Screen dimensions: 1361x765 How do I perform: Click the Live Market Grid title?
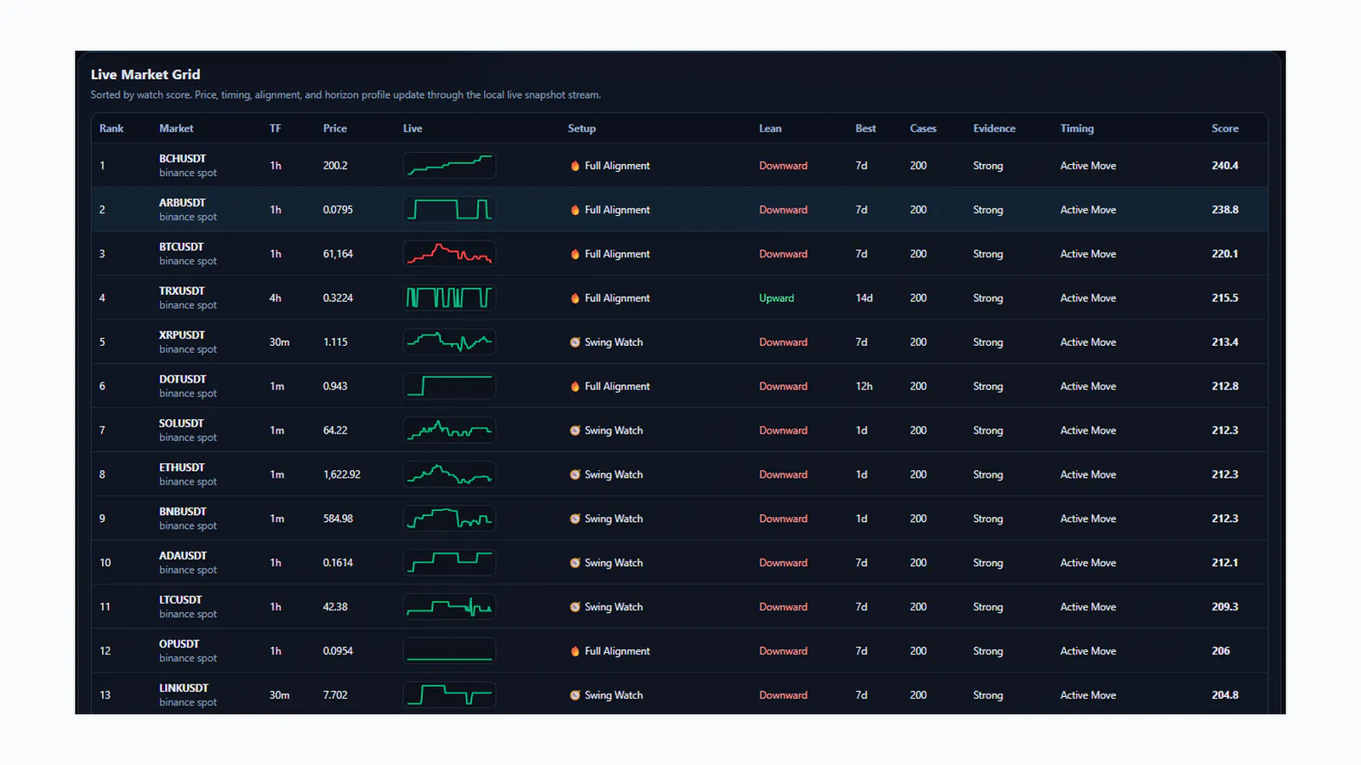[145, 74]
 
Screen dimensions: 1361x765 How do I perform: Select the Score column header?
[1224, 128]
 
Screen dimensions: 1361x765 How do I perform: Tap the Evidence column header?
[994, 128]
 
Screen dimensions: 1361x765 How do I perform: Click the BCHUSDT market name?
[182, 158]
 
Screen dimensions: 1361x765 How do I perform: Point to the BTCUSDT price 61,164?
[338, 254]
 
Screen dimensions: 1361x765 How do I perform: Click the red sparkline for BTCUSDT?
[449, 254]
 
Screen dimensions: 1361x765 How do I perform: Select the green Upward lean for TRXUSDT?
[776, 298]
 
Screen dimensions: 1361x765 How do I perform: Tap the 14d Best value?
[863, 298]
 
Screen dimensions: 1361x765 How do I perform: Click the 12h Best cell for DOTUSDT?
[863, 386]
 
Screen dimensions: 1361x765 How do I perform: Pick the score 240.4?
[1224, 166]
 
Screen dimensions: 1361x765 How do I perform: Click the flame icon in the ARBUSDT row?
[575, 209]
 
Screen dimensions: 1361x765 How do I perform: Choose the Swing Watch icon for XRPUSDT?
[575, 342]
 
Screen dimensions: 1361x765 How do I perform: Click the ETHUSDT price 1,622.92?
[341, 474]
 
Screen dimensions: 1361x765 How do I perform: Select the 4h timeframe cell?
[276, 298]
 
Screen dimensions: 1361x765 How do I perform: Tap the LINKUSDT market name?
[184, 688]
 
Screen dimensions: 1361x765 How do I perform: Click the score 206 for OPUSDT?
[1220, 651]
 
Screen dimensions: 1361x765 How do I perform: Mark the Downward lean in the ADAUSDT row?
[783, 563]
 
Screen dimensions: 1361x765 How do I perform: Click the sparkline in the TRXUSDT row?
[449, 298]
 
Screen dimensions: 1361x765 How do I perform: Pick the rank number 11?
[105, 607]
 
